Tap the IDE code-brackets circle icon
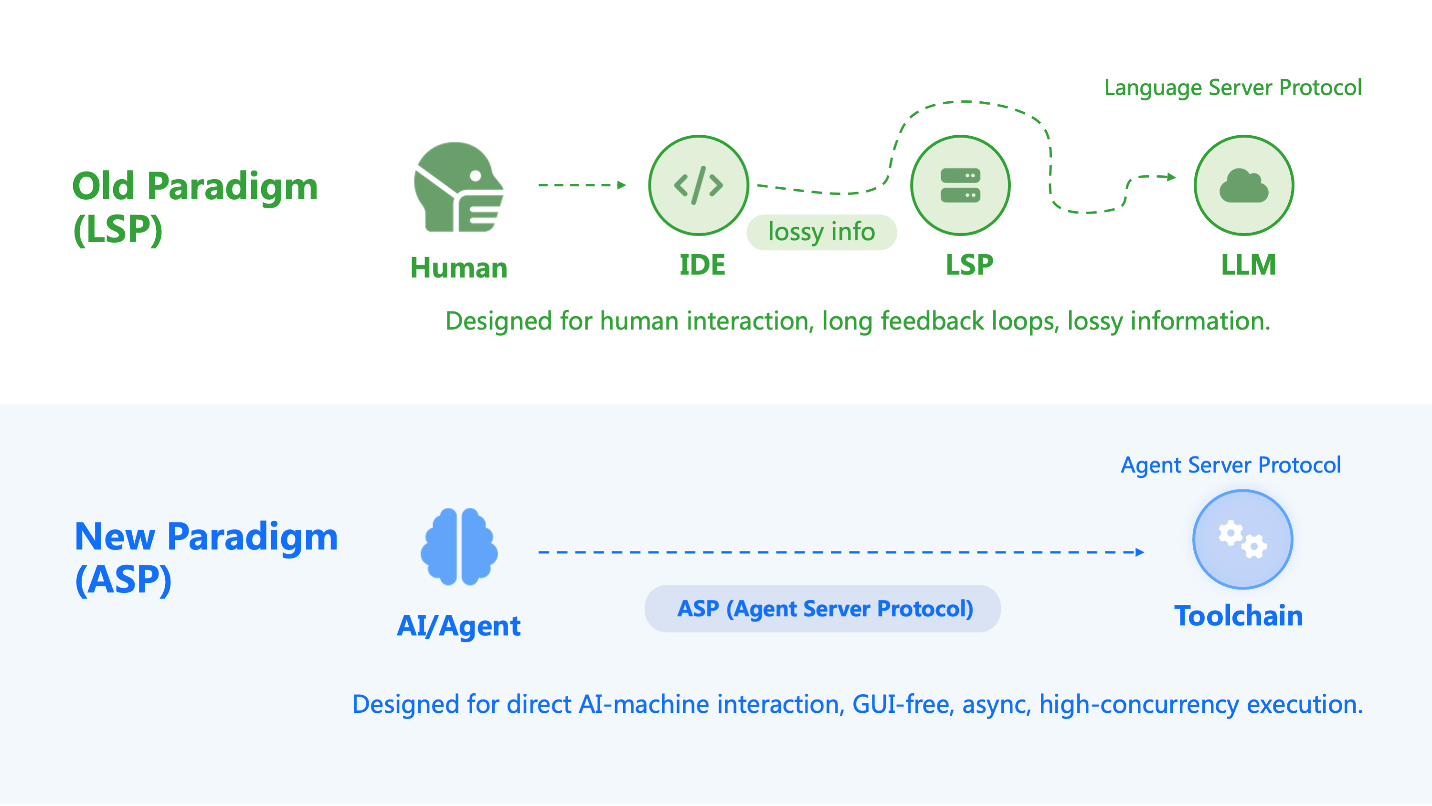(x=698, y=185)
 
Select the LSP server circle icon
(x=960, y=185)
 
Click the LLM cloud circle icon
(x=1243, y=185)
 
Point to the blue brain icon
(x=459, y=546)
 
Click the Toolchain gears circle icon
(x=1242, y=539)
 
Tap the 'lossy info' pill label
(x=821, y=232)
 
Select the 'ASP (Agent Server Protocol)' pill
(x=822, y=608)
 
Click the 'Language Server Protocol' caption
(x=1232, y=87)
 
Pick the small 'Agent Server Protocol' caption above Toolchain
(x=1230, y=464)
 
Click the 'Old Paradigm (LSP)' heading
(x=194, y=206)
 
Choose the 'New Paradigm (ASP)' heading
(x=206, y=558)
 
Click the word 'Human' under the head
(x=458, y=268)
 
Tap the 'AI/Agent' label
(x=458, y=625)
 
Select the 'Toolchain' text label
(x=1238, y=615)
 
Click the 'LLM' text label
(x=1248, y=265)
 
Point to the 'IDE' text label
(x=702, y=265)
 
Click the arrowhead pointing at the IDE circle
(x=622, y=185)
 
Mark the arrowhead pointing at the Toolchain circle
(x=1140, y=552)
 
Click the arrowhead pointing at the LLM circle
(x=1171, y=177)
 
